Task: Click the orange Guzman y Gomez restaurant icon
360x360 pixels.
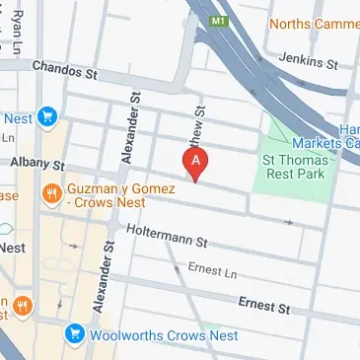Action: coord(47,193)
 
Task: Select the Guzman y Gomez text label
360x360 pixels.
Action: coord(119,193)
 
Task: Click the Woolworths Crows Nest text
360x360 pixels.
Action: coord(149,334)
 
